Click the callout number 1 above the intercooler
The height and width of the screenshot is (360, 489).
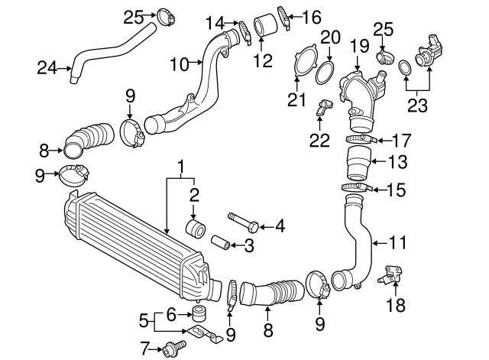click(181, 166)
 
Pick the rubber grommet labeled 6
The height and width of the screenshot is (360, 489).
click(201, 313)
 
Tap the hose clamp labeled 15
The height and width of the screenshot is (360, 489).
click(357, 187)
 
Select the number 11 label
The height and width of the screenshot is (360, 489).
click(397, 244)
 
